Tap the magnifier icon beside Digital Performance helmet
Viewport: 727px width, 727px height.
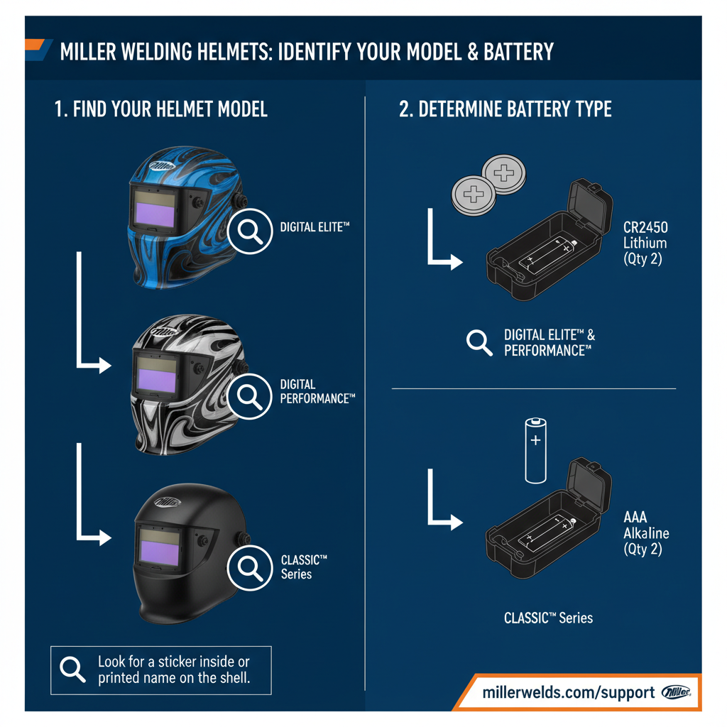(251, 395)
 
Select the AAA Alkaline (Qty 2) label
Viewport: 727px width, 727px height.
(645, 533)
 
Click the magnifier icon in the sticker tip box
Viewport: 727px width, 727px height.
(73, 669)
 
